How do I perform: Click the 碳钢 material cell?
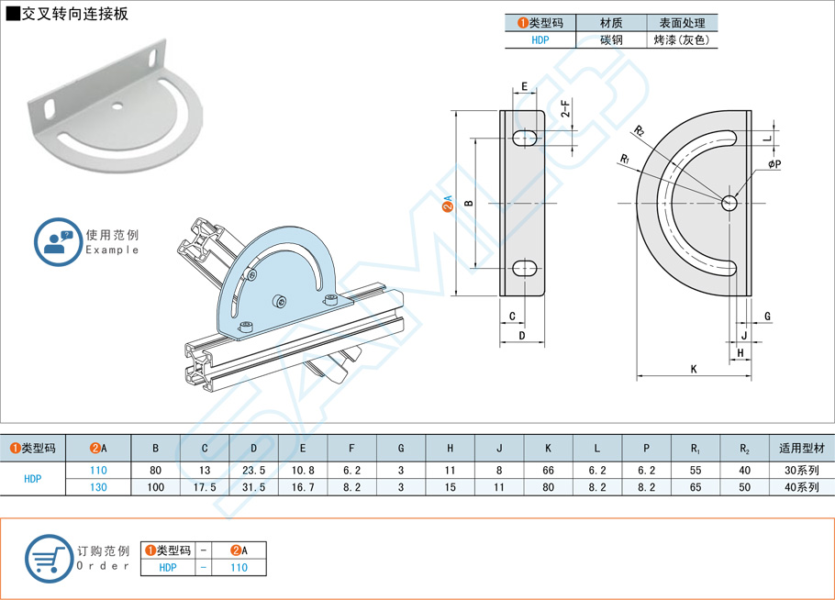click(610, 40)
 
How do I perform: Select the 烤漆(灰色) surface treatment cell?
click(681, 40)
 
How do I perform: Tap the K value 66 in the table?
click(548, 470)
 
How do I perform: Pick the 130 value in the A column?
click(98, 487)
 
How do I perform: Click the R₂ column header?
click(744, 449)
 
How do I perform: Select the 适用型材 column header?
click(800, 449)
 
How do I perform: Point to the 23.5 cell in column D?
click(253, 470)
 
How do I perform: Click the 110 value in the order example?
click(239, 568)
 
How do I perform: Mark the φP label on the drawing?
click(774, 164)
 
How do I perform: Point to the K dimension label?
click(694, 369)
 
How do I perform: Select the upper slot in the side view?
click(524, 138)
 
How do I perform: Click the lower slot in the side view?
click(524, 268)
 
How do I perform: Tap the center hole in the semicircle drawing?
click(729, 203)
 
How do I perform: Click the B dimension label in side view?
click(467, 203)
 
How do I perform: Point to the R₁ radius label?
click(624, 159)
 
